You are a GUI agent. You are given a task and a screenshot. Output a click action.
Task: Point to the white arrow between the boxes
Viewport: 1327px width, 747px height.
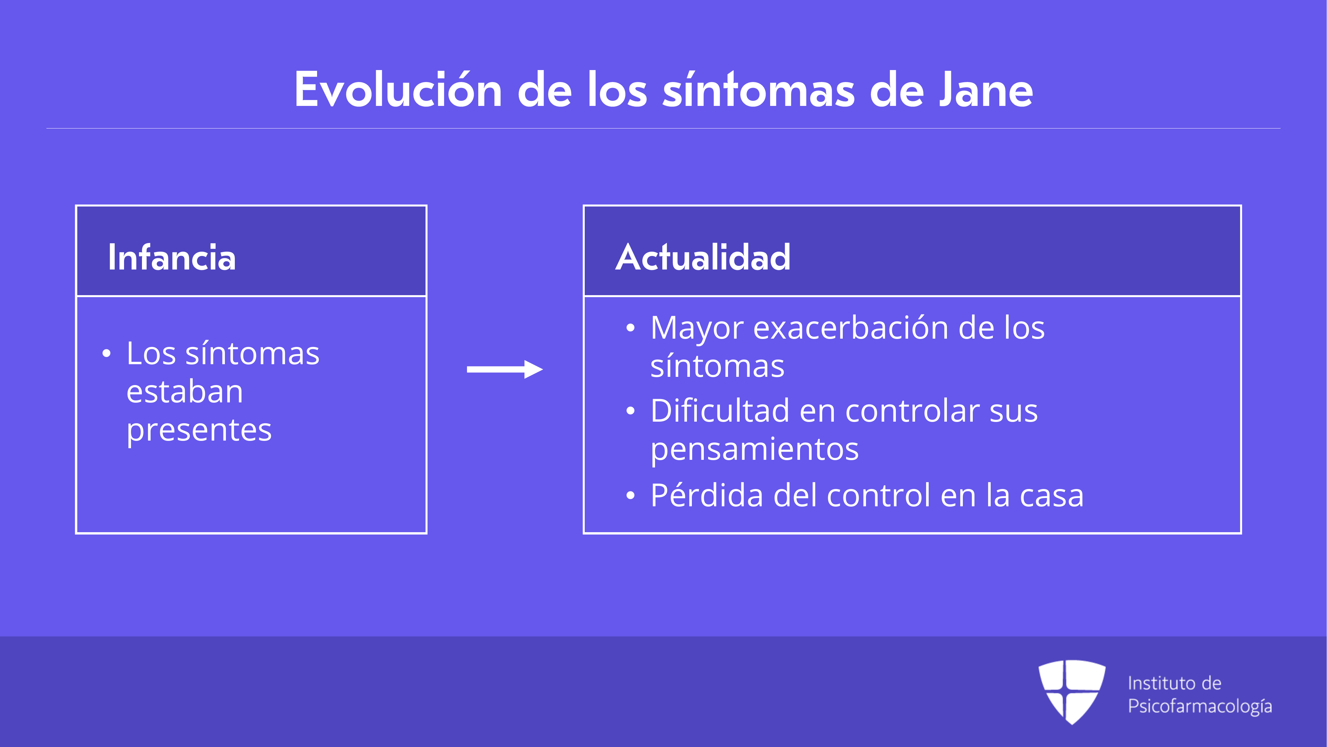coord(505,369)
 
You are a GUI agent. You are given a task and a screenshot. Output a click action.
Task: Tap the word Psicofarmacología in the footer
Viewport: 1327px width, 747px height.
coord(1200,706)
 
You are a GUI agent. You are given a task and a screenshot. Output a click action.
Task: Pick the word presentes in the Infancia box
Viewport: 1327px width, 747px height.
coord(199,431)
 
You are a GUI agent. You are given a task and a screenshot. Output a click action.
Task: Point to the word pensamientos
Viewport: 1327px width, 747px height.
coord(755,450)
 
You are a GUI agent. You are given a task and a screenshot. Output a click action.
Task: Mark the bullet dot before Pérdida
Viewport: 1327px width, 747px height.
coord(630,495)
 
